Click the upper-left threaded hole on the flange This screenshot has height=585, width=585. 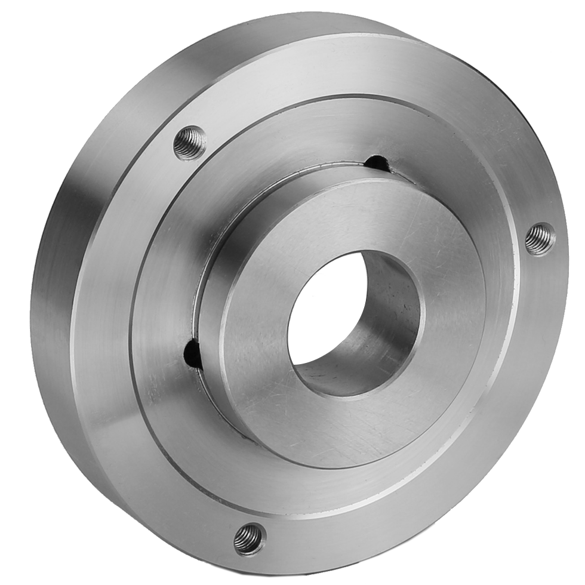pyautogui.click(x=190, y=143)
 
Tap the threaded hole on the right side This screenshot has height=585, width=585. pyautogui.click(x=540, y=238)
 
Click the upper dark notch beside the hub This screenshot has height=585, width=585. pyautogui.click(x=377, y=162)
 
